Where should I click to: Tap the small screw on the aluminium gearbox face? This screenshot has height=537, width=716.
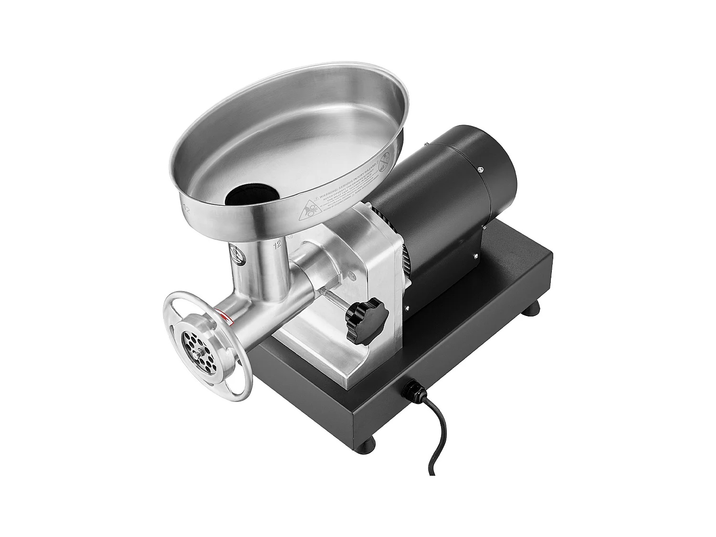coord(352,275)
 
